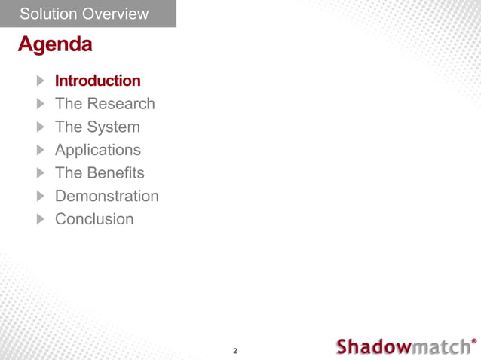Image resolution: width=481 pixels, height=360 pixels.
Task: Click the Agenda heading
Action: (55, 45)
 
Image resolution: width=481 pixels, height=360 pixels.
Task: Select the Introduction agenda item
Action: (97, 81)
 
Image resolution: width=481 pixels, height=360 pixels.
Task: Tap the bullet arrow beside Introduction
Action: (40, 81)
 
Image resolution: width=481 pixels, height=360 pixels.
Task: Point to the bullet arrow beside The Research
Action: (40, 104)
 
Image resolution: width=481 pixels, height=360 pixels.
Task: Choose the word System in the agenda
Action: (114, 127)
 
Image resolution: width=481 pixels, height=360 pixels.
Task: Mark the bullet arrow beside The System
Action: (40, 127)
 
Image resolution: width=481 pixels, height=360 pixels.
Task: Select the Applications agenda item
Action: (97, 150)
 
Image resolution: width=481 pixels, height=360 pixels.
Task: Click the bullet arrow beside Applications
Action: (40, 150)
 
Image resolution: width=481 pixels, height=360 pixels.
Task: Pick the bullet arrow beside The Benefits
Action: (40, 173)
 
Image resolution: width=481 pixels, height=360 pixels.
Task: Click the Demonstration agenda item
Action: (106, 197)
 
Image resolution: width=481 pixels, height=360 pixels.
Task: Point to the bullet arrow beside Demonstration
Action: (40, 197)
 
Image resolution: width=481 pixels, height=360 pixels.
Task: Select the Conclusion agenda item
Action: (94, 220)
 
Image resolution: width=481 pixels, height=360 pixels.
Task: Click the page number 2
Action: (235, 351)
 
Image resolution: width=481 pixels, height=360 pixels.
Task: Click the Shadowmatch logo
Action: (403, 346)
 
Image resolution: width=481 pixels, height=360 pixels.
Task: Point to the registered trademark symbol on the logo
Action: (473, 340)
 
